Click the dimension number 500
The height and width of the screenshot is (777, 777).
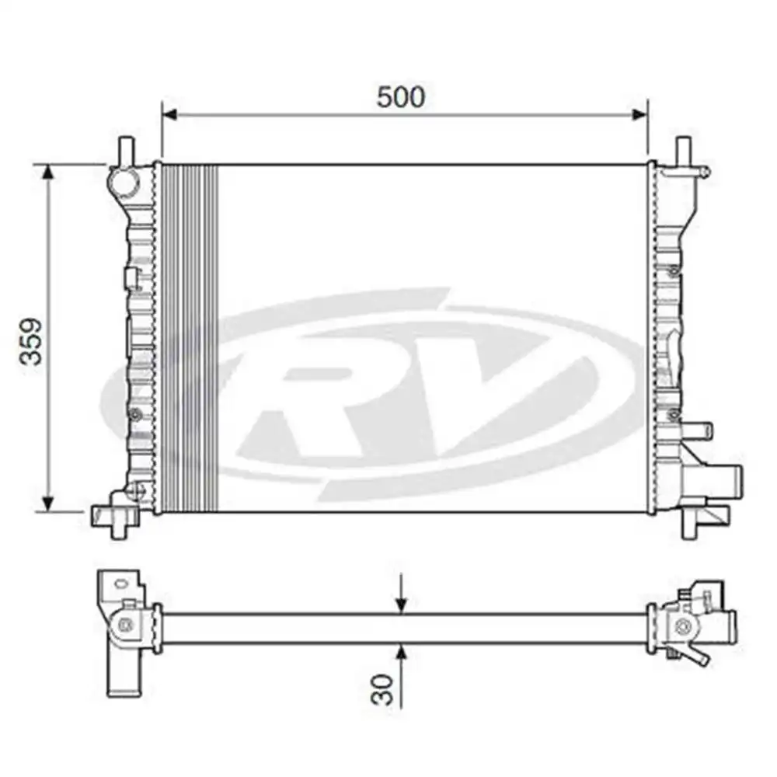[401, 97]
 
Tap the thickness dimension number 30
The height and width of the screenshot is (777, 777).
[382, 688]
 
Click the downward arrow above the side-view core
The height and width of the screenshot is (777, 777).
[401, 604]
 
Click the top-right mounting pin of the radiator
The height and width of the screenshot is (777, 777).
[683, 149]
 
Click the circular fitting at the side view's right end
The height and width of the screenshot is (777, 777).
[683, 626]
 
